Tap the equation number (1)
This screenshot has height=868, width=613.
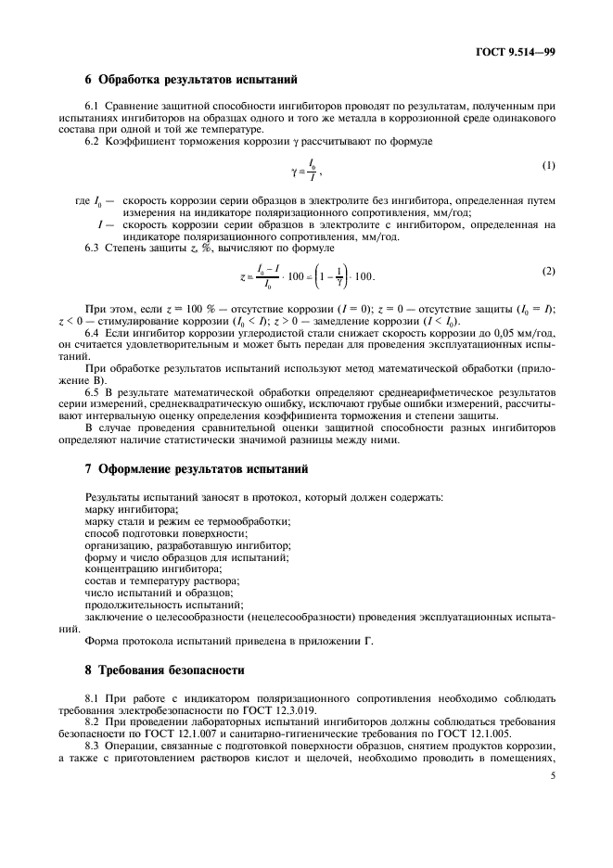point(548,166)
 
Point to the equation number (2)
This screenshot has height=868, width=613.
point(548,271)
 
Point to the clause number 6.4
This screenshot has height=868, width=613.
point(93,332)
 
